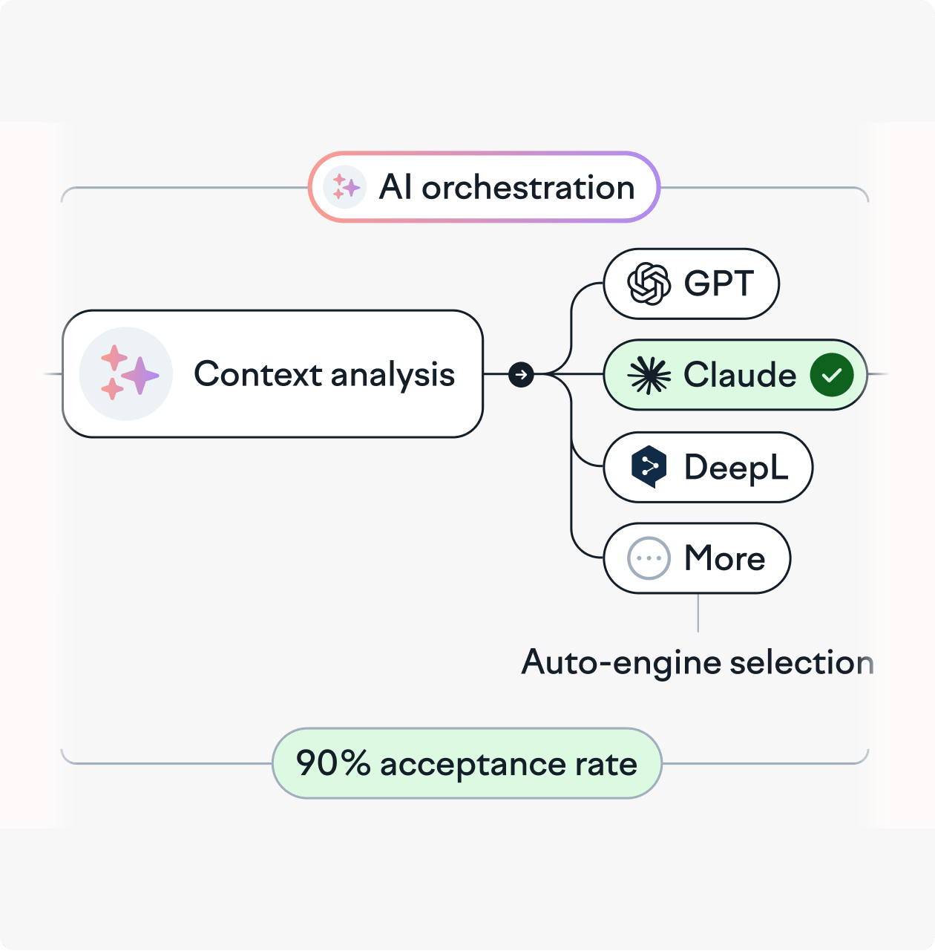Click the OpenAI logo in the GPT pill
649,284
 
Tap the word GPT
718,284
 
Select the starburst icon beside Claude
649,375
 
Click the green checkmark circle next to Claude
831,375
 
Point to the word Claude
740,375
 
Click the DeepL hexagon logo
649,467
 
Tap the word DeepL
736,468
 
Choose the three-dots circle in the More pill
649,558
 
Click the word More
725,558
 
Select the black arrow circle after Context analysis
521,375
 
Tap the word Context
258,374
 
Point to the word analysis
393,375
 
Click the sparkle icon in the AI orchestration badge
344,187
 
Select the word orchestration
528,188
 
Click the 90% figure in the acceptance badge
333,763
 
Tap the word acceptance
473,765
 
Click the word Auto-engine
621,663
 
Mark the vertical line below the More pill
698,612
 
